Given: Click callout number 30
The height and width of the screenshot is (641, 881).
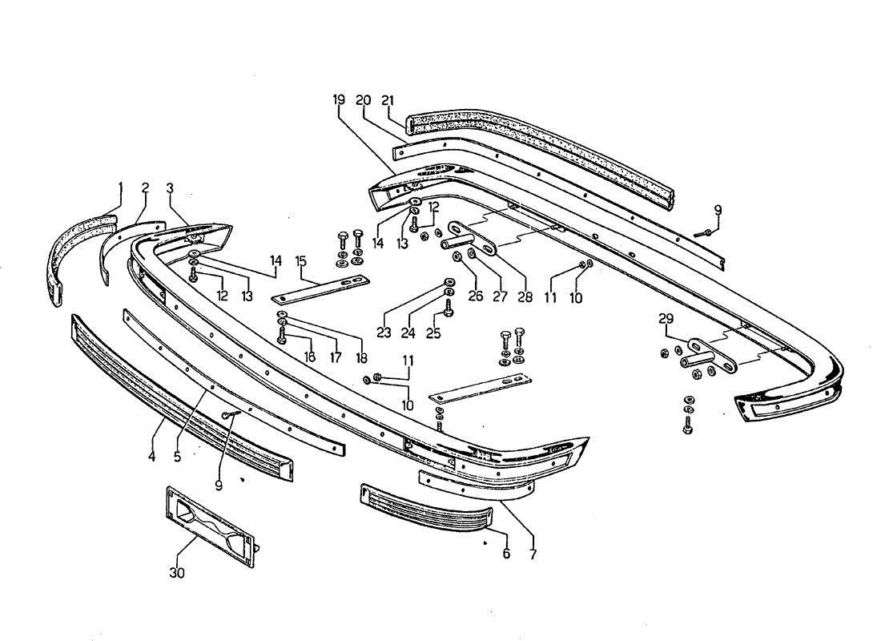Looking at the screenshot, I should [176, 572].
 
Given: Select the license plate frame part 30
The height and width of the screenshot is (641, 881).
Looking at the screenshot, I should [211, 521].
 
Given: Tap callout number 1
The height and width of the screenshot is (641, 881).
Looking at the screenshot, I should [121, 189].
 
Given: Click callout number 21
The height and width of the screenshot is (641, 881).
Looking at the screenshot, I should [388, 100].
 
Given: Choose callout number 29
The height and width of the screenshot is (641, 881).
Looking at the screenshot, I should [666, 319].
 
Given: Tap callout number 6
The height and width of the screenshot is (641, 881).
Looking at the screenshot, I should [506, 553].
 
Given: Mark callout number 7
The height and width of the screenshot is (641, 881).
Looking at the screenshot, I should [533, 553].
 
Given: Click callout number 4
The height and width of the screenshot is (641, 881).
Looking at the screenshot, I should [151, 458].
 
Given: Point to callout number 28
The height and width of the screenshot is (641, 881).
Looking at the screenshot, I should [525, 296].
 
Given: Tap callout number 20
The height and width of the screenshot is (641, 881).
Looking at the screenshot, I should [363, 100].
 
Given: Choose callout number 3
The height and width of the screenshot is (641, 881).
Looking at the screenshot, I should [170, 189].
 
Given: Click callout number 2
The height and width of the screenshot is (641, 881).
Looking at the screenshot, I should [145, 189].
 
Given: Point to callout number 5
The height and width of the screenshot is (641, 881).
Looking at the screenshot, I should [178, 458].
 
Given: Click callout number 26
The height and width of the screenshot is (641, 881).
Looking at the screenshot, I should [476, 296].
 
